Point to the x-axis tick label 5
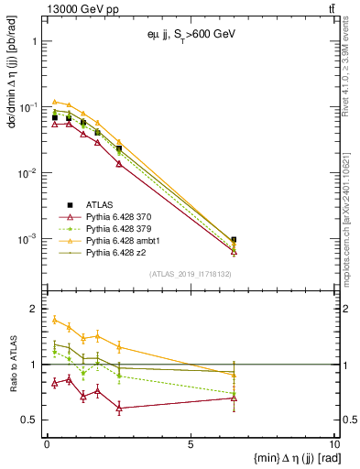click(191, 444)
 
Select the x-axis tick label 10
click(333, 444)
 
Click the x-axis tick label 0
click(47, 444)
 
